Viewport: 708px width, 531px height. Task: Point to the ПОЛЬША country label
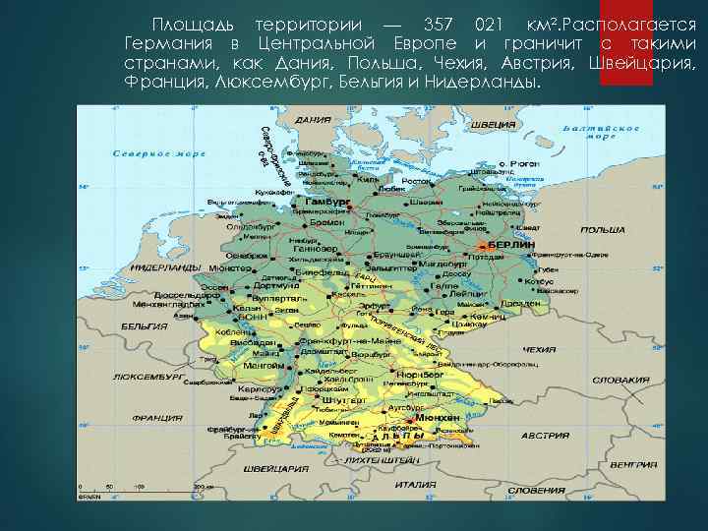[x=603, y=229]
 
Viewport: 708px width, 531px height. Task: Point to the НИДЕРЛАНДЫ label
[x=162, y=267]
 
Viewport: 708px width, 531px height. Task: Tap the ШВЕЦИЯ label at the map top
[x=494, y=126]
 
